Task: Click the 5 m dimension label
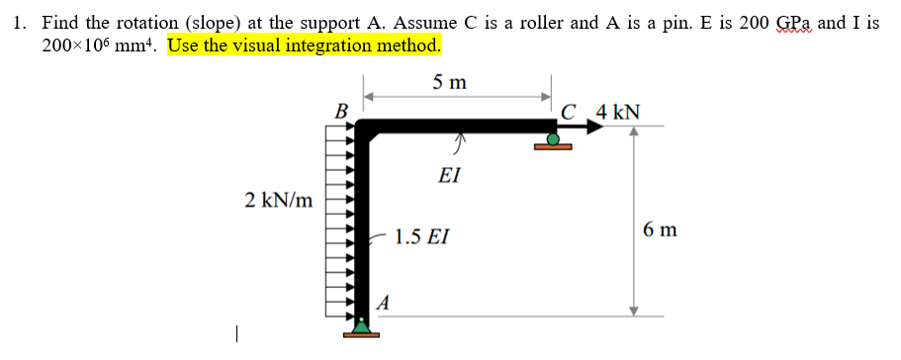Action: pyautogui.click(x=450, y=82)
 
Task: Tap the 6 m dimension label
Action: pyautogui.click(x=659, y=230)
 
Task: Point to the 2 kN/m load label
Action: pyautogui.click(x=279, y=201)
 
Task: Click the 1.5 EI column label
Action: pyautogui.click(x=420, y=237)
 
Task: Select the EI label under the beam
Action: pyautogui.click(x=449, y=175)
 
